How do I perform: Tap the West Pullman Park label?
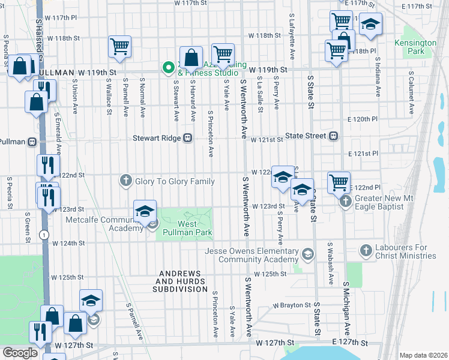click(x=194, y=228)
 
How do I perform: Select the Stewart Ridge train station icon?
click(x=188, y=137)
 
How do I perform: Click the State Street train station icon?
click(x=333, y=136)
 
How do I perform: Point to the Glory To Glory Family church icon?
click(x=125, y=180)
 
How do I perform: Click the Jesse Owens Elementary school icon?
click(x=308, y=254)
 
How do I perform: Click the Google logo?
click(x=19, y=353)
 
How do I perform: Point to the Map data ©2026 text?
click(x=423, y=355)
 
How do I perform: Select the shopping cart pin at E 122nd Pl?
click(x=339, y=181)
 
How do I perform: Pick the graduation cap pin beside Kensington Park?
click(x=370, y=24)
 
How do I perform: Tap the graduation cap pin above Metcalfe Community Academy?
click(x=145, y=211)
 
